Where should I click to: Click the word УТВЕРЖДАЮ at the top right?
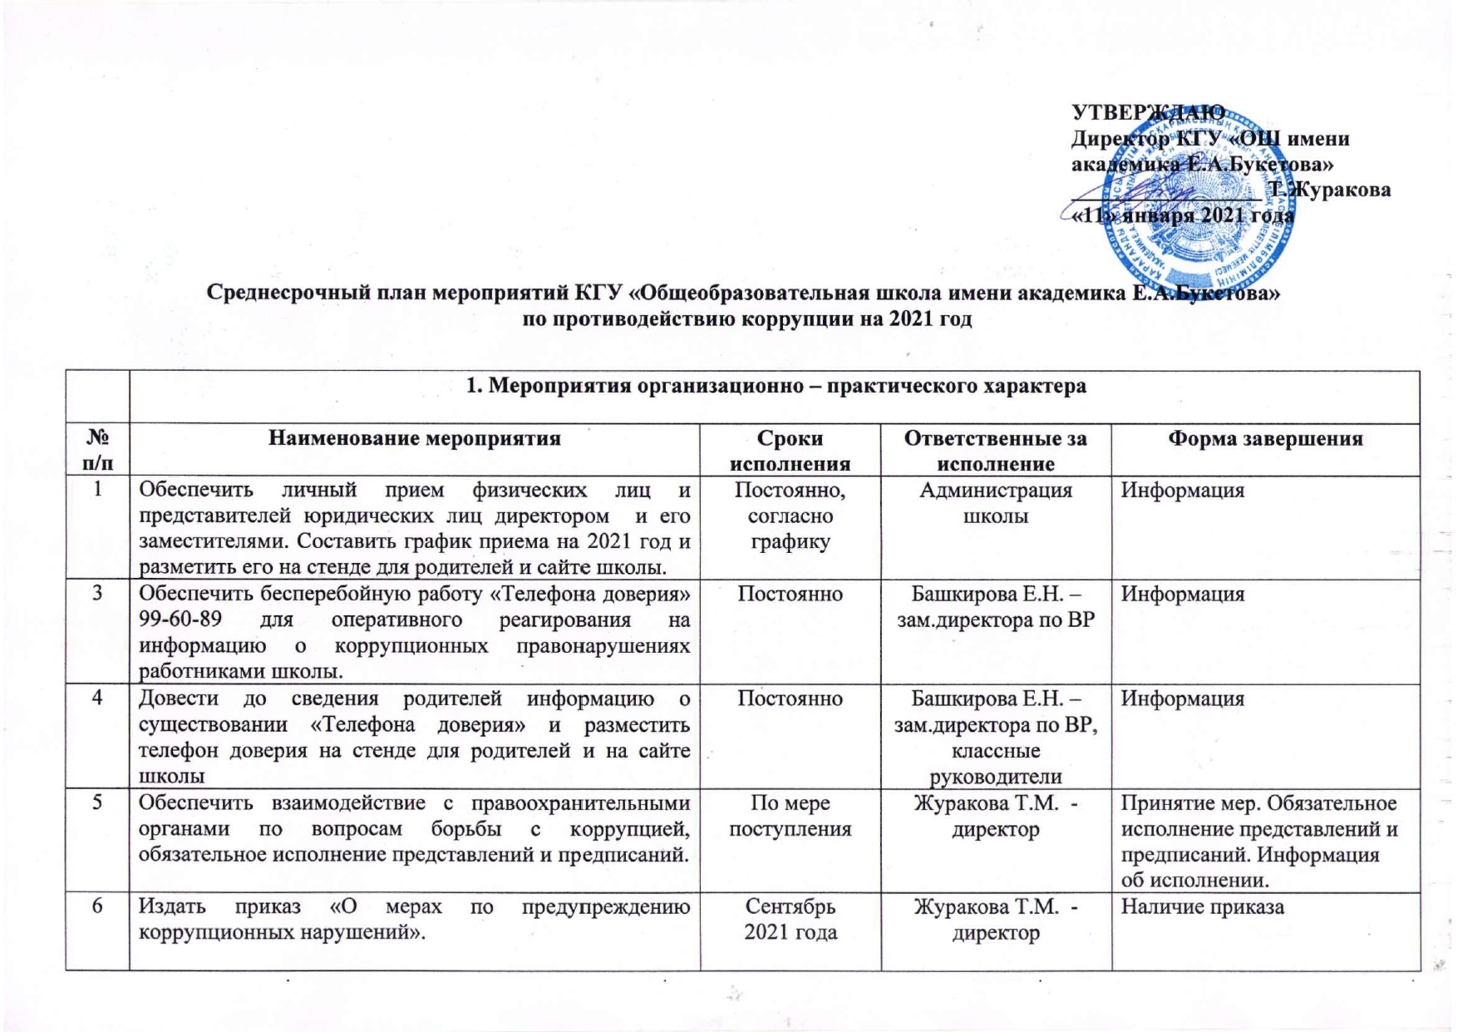tap(1147, 112)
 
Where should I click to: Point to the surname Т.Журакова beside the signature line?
tap(1329, 190)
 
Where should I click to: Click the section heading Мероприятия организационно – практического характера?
tap(776, 386)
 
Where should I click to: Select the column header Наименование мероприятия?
tap(414, 438)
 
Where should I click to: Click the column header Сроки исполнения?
tap(790, 451)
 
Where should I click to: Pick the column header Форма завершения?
tap(1265, 438)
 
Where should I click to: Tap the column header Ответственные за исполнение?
tap(995, 451)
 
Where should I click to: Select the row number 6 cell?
tap(97, 906)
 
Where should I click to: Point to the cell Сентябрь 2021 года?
tap(790, 919)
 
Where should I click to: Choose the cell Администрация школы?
tap(995, 503)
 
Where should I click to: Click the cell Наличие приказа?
tap(1202, 906)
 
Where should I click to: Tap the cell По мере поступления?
tap(790, 816)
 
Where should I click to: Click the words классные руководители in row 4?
tap(995, 764)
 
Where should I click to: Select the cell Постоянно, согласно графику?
tap(790, 516)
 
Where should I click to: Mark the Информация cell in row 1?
tap(1182, 491)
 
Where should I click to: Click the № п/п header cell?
tap(97, 450)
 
